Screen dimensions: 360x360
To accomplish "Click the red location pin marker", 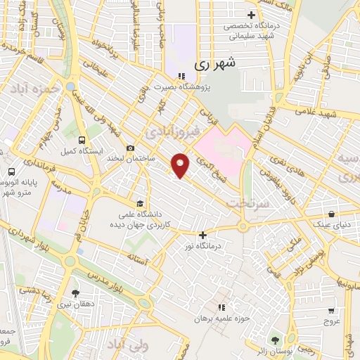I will coord(181,165).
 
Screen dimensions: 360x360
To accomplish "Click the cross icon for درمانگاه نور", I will coord(202,236).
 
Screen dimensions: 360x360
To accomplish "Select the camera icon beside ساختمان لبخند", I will coord(130,148).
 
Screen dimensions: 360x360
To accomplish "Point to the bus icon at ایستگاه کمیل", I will coord(82,140).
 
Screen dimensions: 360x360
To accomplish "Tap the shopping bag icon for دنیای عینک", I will coord(330,214).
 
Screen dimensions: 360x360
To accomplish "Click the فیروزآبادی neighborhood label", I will coord(172,131).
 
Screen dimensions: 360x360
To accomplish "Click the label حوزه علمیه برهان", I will coord(224,319).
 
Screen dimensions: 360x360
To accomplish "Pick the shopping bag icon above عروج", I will coord(330,310).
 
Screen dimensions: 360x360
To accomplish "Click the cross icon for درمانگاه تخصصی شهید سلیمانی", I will coord(251,15).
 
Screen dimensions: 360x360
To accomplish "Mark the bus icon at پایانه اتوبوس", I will coord(11,172).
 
